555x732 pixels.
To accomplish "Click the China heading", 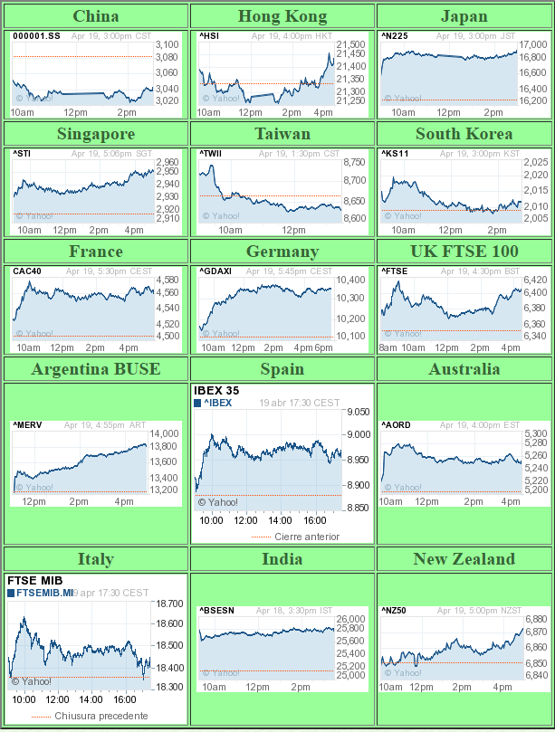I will (x=95, y=16).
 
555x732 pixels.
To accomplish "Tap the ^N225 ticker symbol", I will (x=394, y=36).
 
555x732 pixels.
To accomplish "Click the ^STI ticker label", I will (x=23, y=154).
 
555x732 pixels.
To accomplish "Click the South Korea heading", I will (x=464, y=134).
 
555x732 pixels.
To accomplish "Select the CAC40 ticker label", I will (x=25, y=271).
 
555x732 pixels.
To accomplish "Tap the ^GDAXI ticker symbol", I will (x=214, y=271).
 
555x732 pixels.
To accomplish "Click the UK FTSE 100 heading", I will (x=464, y=252).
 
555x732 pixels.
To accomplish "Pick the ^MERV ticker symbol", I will (x=27, y=424).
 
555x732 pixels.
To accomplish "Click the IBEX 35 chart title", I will (x=216, y=391).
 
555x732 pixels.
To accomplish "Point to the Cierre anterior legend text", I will (x=307, y=537).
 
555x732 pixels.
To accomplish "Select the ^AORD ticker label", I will (x=395, y=424).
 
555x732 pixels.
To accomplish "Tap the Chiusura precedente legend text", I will (x=101, y=716).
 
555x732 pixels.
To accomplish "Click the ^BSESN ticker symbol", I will (x=216, y=611).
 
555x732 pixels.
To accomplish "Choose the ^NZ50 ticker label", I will (x=394, y=611).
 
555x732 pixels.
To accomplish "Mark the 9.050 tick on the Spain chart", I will (x=358, y=412).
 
